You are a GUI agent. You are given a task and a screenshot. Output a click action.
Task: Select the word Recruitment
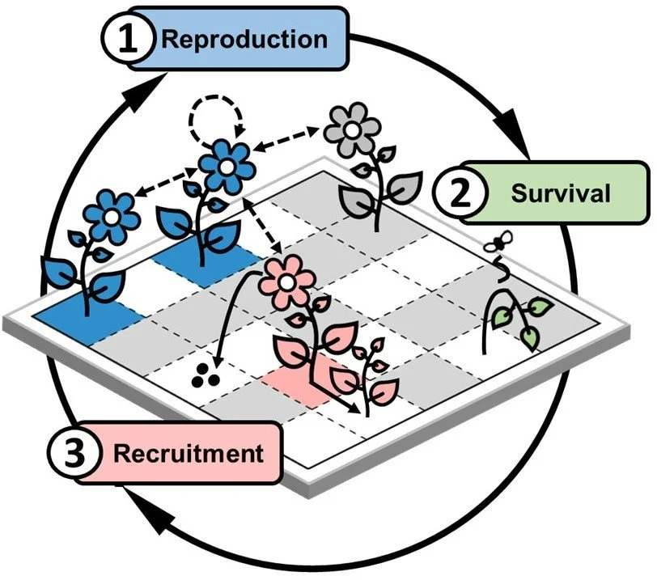point(188,452)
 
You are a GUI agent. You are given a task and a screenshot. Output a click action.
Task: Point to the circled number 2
point(459,194)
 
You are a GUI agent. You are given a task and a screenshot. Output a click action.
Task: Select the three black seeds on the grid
point(202,374)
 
